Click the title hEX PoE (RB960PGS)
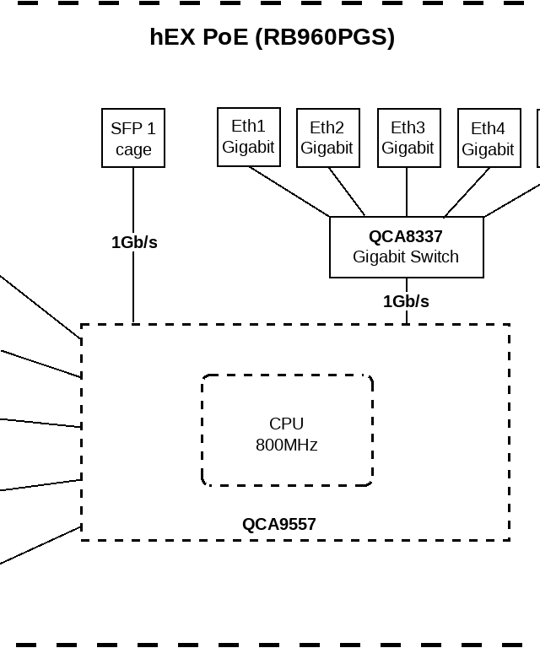(x=272, y=37)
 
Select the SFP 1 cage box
(x=133, y=138)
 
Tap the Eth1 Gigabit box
(x=248, y=137)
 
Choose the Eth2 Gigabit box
(x=327, y=138)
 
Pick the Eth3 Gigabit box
(x=408, y=138)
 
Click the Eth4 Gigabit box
(x=488, y=138)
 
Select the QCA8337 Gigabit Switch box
(x=406, y=247)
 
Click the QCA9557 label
(x=279, y=524)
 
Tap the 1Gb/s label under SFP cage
(x=134, y=242)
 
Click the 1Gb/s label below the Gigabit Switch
(x=406, y=301)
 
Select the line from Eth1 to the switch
(x=289, y=192)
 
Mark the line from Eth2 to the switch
(x=347, y=192)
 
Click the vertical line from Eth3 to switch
(x=407, y=192)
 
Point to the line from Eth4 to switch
(x=467, y=192)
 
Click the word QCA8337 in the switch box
(x=406, y=237)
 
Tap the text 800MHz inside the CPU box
(x=287, y=445)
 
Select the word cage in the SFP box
(x=133, y=149)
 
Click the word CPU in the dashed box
(x=287, y=424)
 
